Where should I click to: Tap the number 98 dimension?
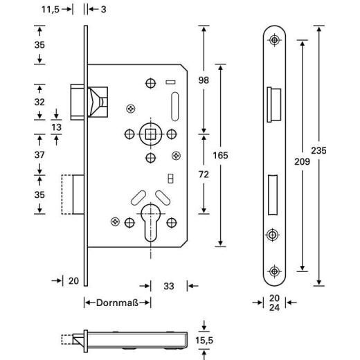(204, 80)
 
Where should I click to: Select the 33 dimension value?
(168, 285)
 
